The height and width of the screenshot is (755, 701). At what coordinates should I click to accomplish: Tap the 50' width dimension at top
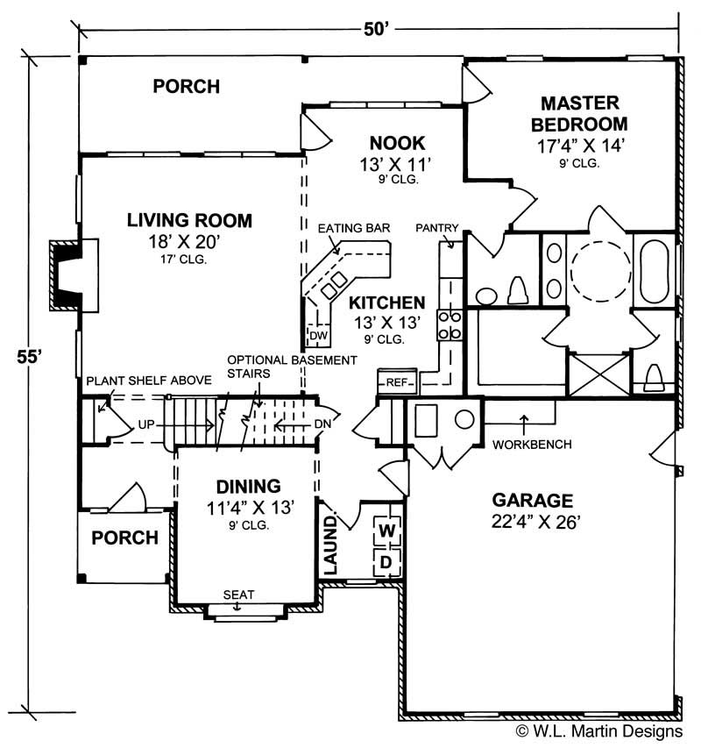coord(376,29)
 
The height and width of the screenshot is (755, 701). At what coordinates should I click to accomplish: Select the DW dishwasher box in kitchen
coord(317,335)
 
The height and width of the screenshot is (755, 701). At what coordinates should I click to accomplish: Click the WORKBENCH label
coord(532,445)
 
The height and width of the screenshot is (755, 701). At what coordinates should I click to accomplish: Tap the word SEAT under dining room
coord(238,595)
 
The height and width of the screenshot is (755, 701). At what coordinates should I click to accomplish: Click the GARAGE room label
coord(532,501)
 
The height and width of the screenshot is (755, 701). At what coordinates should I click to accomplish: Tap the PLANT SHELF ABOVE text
coord(148,380)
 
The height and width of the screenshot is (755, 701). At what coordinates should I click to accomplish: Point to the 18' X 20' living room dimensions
coord(189,242)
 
